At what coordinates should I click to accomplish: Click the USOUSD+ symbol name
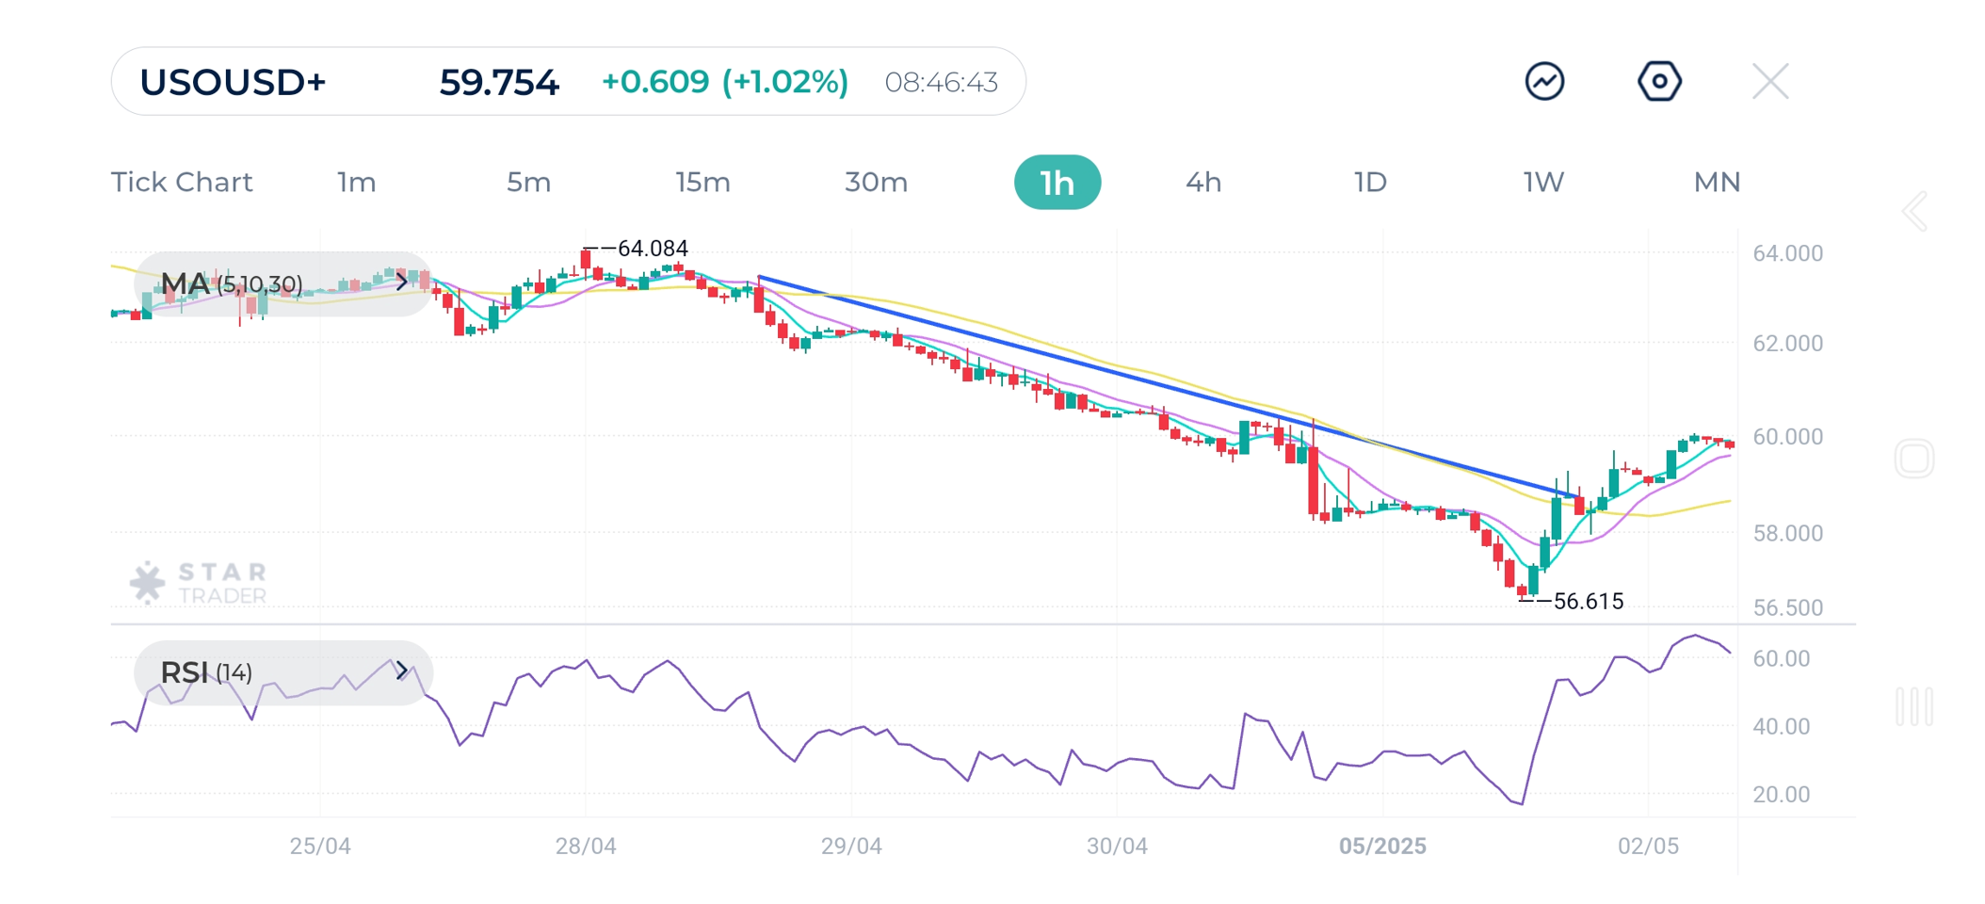(233, 83)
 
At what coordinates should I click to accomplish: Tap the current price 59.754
(499, 83)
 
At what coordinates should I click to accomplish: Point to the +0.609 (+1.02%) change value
(724, 83)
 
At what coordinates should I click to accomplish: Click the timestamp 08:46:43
(941, 83)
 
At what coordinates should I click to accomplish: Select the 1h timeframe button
(1057, 183)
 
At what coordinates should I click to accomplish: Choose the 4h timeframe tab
(1202, 183)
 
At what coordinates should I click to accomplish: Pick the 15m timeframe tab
(702, 183)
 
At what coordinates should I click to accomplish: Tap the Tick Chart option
(182, 183)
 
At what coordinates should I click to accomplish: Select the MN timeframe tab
(1716, 183)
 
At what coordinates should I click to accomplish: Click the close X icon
(1770, 82)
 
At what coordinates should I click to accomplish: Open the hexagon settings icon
(1659, 82)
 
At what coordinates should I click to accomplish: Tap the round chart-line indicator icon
(1544, 82)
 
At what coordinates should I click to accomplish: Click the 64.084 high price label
(652, 249)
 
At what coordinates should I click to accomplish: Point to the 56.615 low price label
(1588, 602)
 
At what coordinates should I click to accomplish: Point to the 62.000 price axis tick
(1787, 344)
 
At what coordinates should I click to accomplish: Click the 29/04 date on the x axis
(851, 847)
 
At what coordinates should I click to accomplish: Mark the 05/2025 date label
(1382, 847)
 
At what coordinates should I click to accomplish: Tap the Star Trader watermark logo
(200, 583)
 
